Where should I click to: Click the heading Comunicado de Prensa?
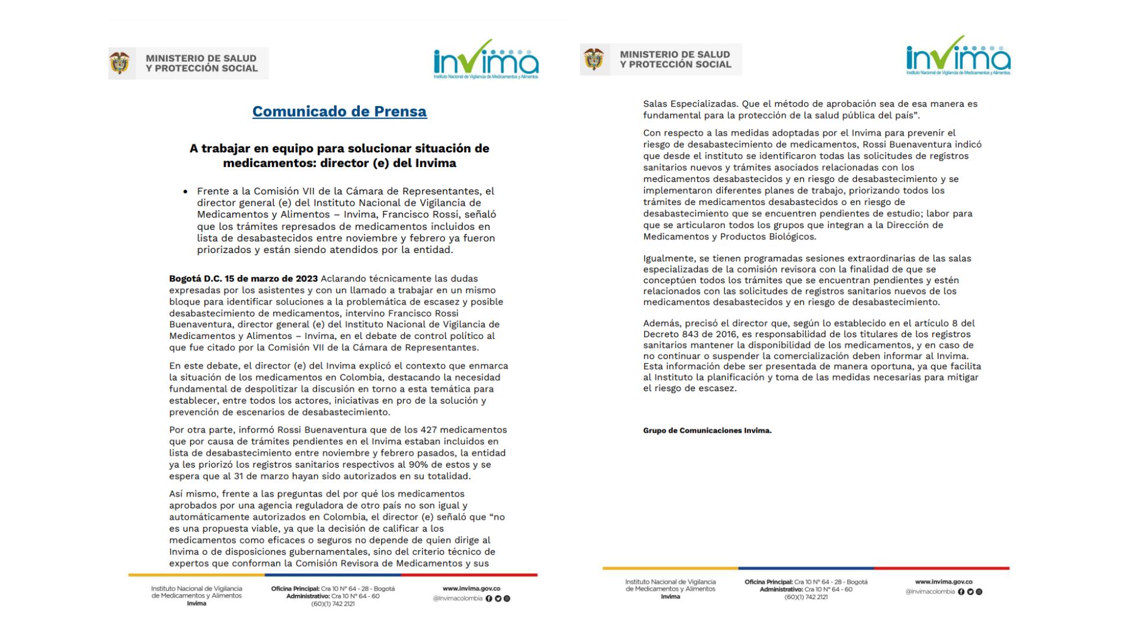339,111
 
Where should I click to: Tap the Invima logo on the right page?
958,56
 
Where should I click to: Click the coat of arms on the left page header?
120,63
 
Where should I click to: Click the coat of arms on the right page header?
593,59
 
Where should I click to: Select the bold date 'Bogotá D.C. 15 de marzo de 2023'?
244,279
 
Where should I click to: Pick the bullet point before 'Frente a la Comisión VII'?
186,192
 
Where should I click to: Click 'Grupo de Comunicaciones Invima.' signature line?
707,431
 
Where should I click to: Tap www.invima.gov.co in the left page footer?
471,588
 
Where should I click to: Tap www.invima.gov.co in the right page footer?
944,582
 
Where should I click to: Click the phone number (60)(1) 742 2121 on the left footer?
333,604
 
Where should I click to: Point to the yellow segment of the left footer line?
196,575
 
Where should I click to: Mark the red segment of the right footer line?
941,568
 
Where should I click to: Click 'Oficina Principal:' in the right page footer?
768,582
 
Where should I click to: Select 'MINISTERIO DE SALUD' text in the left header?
201,58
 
